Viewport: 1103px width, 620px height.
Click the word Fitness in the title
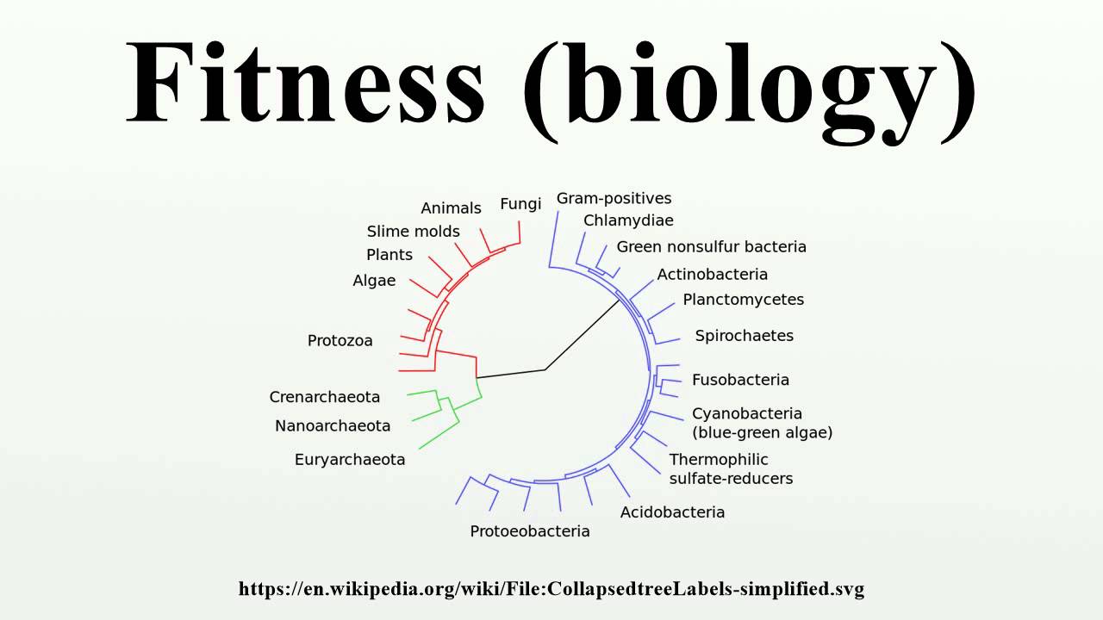point(306,82)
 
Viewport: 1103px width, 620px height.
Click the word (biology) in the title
point(750,86)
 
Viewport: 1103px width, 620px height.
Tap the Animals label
point(451,208)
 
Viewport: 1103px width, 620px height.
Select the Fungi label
point(520,204)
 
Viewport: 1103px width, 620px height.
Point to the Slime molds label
point(413,232)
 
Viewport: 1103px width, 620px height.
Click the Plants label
point(389,255)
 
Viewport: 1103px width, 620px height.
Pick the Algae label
point(374,281)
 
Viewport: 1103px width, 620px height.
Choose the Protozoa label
point(340,341)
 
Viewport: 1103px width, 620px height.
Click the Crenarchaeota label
point(324,397)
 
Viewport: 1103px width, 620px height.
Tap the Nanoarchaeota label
point(333,425)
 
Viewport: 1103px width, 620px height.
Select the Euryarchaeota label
point(350,460)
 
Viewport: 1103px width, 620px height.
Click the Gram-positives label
point(614,199)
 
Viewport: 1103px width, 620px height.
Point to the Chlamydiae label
point(628,220)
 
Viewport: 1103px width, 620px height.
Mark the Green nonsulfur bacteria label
point(711,247)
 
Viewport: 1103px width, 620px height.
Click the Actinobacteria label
point(712,275)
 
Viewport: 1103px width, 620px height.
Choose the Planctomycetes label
point(743,300)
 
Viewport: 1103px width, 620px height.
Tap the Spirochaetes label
point(744,336)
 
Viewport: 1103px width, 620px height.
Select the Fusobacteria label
point(740,380)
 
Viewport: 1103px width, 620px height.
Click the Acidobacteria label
point(672,512)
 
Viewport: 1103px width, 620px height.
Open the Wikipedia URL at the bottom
point(551,589)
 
